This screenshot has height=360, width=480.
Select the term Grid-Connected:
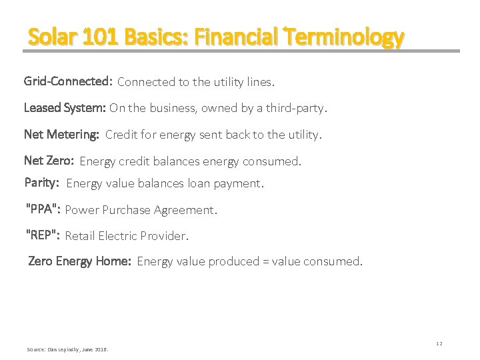67,82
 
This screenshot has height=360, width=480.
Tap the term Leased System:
65,107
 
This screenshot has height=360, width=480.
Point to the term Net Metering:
61,134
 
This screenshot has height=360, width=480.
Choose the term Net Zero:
49,160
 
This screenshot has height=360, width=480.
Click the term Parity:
43,182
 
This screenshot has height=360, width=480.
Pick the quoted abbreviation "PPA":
43,209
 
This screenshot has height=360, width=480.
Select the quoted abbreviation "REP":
43,235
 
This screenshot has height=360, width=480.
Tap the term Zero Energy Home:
79,261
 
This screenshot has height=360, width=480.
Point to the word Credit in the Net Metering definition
122,135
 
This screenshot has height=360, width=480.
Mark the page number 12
438,343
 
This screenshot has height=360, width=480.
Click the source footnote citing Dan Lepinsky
67,349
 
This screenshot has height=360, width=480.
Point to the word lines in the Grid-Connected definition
258,83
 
